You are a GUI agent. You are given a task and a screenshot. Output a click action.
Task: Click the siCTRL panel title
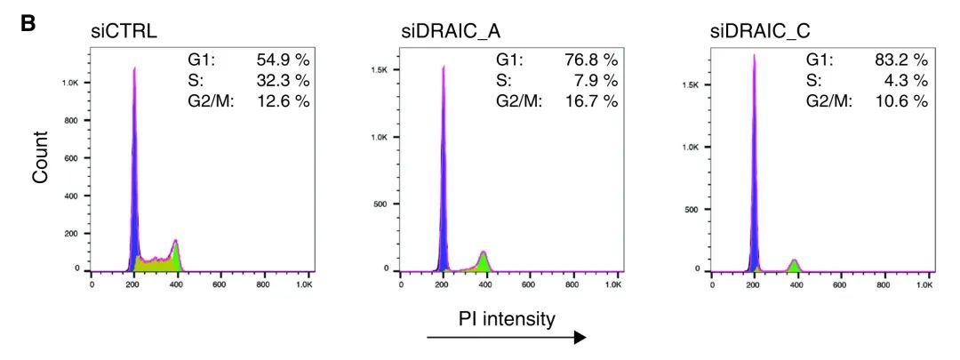(124, 33)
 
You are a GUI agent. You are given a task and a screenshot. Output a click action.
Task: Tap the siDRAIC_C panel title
(760, 33)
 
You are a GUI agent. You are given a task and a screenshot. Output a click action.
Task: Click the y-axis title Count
(41, 159)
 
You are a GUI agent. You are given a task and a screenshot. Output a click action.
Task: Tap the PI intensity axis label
(508, 317)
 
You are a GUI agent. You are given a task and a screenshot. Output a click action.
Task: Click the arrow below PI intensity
(507, 338)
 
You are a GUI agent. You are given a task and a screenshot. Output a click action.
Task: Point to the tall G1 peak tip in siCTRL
(134, 68)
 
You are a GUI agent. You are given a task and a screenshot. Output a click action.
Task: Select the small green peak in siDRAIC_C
(794, 265)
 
